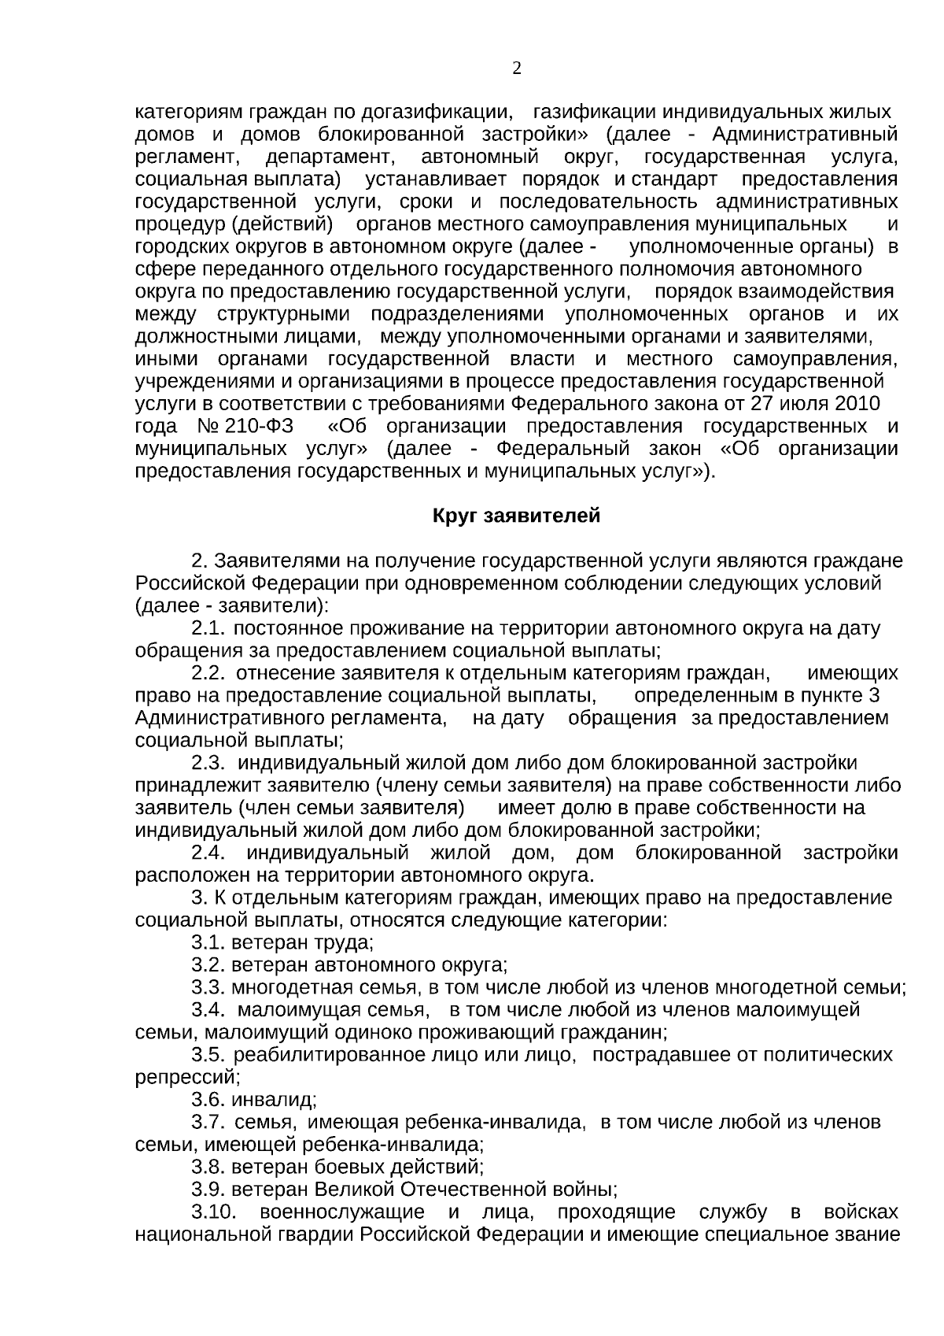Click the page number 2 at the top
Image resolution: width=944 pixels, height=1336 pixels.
tap(517, 68)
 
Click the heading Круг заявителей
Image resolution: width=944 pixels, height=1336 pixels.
tap(516, 516)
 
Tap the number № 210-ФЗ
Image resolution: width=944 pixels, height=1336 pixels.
tap(246, 427)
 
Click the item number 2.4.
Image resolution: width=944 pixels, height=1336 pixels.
tap(209, 853)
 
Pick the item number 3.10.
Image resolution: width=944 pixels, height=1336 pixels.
tap(215, 1212)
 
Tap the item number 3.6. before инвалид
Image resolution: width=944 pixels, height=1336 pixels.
tap(209, 1100)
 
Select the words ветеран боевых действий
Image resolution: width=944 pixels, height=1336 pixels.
tap(358, 1168)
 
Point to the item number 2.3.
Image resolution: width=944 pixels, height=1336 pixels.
tap(209, 764)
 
